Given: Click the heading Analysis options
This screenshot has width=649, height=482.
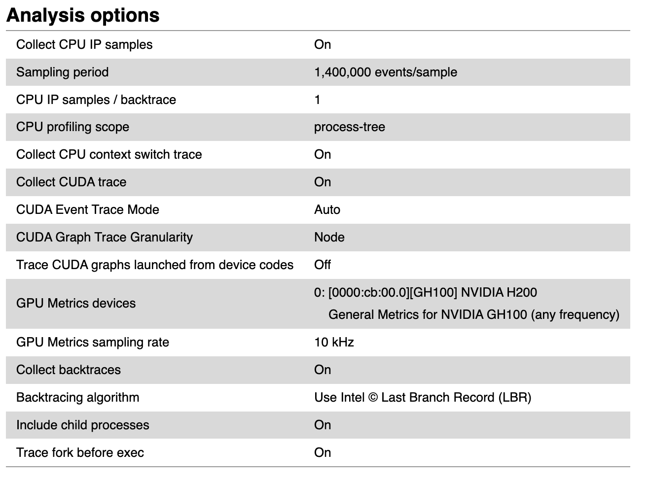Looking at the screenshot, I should pos(83,15).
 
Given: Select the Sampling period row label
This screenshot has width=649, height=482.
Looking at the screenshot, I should pos(62,72).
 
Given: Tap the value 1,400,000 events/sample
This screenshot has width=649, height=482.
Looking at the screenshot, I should pos(385,72).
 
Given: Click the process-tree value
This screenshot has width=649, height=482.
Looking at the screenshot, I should pos(349,127).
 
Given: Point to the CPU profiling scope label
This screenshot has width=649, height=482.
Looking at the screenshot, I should pos(72,127).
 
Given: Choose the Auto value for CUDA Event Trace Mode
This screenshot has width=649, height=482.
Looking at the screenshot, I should pos(327,209).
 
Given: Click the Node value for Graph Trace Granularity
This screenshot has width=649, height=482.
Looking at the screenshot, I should pos(329,237).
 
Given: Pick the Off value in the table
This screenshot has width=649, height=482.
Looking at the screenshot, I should pos(323,265).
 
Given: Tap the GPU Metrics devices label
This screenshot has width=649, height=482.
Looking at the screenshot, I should pos(75,303).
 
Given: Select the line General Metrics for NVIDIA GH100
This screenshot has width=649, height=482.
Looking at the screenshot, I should pos(473,314).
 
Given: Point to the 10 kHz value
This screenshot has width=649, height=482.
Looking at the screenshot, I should pos(334,342).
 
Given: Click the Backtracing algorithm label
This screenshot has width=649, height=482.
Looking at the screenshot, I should pos(77,397).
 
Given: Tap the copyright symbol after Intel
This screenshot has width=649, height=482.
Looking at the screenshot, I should pos(373,397).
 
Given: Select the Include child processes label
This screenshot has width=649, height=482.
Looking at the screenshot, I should pos(82,425).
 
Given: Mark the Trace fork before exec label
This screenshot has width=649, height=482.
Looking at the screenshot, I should pos(80,452).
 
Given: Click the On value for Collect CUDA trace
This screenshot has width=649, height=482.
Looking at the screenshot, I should pos(323,182).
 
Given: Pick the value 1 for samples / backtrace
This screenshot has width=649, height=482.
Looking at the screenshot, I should pos(317,100).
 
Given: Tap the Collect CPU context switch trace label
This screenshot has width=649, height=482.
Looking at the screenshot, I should pos(109,154).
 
